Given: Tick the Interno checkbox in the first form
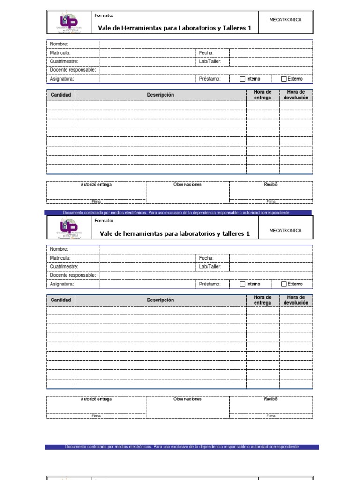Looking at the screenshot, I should point(242,79).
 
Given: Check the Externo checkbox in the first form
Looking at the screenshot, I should point(284,79).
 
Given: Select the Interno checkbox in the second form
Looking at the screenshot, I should point(242,284).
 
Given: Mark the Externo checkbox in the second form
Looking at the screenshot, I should point(284,284).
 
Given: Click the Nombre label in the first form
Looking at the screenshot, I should point(59,44).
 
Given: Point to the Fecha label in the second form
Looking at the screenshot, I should point(206,258).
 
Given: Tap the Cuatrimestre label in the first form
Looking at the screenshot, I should point(64,61).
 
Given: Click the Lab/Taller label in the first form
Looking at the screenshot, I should point(210,61).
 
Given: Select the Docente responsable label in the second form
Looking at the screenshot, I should point(73,275).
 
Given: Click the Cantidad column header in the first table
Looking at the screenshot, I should point(61,95).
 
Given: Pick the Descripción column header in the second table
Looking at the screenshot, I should point(160,300).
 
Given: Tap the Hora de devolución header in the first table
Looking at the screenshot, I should point(296,95).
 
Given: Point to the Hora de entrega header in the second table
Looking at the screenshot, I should point(262,300).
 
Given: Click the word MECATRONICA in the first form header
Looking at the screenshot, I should point(285,20).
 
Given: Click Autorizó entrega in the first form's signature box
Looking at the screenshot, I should point(96,185).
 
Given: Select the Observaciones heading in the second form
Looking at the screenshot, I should point(187,399).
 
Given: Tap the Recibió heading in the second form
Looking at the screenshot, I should point(271,399).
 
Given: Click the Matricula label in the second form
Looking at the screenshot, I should point(60,258).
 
